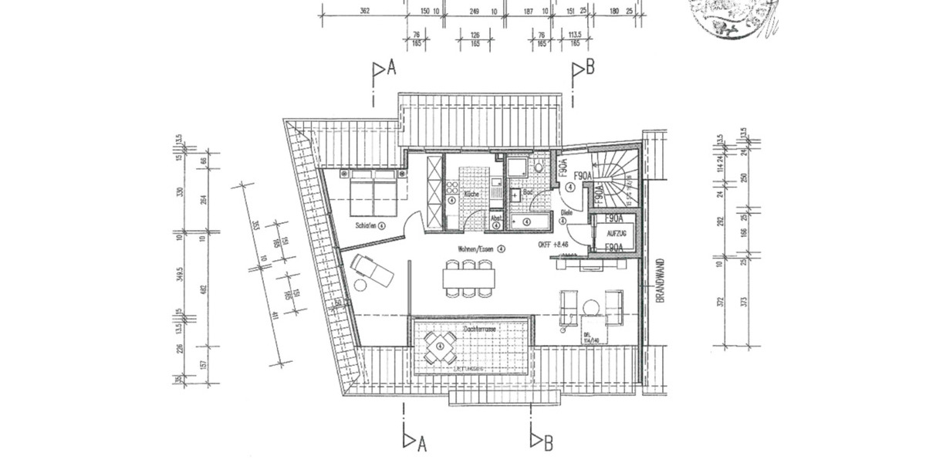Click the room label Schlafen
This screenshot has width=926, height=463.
pos(367,225)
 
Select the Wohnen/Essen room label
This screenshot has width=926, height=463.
pos(475,248)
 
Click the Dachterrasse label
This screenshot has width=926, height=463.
pos(478,329)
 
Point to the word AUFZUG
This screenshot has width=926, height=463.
pos(614,232)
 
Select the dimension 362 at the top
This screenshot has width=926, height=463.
pos(366,11)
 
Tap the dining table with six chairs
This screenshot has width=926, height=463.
pos(468,278)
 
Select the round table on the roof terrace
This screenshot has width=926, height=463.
pos(440,347)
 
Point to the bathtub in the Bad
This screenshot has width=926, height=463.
pos(532,221)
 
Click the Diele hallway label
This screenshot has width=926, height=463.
pos(566,212)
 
